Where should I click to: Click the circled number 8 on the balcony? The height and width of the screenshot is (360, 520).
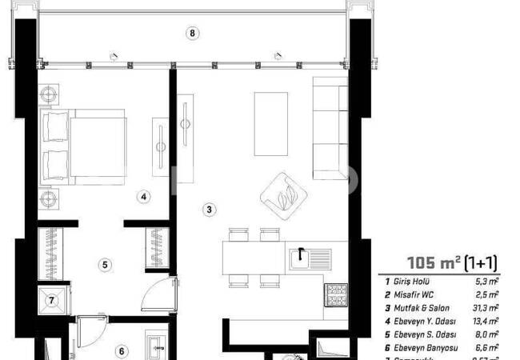(191, 33)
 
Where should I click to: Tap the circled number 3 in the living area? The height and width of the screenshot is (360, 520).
(209, 210)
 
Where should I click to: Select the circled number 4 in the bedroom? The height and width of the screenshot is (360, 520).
(142, 195)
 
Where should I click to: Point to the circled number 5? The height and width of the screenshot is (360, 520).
(105, 265)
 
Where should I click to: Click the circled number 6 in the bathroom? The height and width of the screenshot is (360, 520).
(122, 350)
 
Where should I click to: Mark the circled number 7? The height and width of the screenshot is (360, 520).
(52, 301)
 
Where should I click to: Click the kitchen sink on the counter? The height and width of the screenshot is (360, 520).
(308, 258)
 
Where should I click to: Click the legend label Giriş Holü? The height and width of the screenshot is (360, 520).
(413, 282)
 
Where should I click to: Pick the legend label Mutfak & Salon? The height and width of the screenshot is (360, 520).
(419, 308)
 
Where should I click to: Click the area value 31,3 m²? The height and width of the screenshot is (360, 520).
(486, 308)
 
